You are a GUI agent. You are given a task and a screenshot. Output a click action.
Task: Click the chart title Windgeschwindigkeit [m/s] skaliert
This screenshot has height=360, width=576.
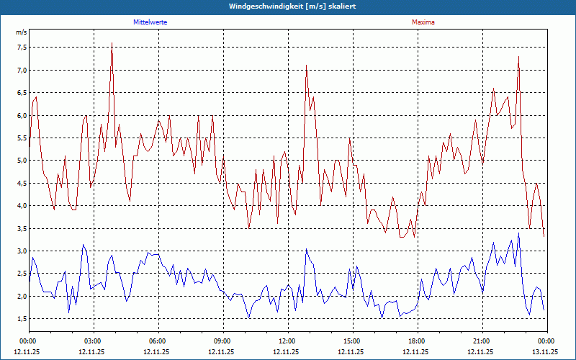coord(292,6)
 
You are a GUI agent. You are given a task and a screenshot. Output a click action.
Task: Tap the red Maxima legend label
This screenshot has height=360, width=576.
coord(423,22)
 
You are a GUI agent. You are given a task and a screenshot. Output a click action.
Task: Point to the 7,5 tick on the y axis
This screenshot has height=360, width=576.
coord(21,48)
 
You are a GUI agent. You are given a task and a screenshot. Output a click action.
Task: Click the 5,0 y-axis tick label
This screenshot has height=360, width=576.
coord(21,161)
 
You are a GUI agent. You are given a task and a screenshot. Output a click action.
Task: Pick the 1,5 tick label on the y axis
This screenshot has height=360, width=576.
coord(21,319)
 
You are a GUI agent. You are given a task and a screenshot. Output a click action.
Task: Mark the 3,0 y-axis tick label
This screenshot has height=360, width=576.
coord(21,251)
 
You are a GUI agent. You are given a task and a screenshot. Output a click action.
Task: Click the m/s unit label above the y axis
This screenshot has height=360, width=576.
coord(21,33)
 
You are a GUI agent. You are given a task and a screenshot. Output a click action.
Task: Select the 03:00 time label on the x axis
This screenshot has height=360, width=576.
coord(92,341)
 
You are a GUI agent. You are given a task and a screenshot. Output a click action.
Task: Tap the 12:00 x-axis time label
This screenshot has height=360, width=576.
coord(287,341)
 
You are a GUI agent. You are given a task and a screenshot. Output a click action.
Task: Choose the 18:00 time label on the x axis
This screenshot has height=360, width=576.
coord(416,341)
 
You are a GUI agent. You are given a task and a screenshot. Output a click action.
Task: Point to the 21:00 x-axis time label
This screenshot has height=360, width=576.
coord(481,341)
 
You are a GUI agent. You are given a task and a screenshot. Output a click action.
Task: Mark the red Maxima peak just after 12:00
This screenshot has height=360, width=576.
coord(306,66)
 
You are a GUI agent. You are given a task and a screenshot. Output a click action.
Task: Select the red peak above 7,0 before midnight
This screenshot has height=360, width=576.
coord(518,57)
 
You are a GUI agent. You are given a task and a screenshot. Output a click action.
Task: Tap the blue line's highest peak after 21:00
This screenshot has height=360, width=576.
coord(518,233)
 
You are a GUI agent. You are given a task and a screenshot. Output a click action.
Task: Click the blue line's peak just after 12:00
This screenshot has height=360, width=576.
coord(306,250)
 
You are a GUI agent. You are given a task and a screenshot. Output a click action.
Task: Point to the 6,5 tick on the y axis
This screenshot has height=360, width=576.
coord(21,93)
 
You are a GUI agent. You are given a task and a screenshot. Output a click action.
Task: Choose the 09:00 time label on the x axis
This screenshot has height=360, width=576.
coord(222,341)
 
